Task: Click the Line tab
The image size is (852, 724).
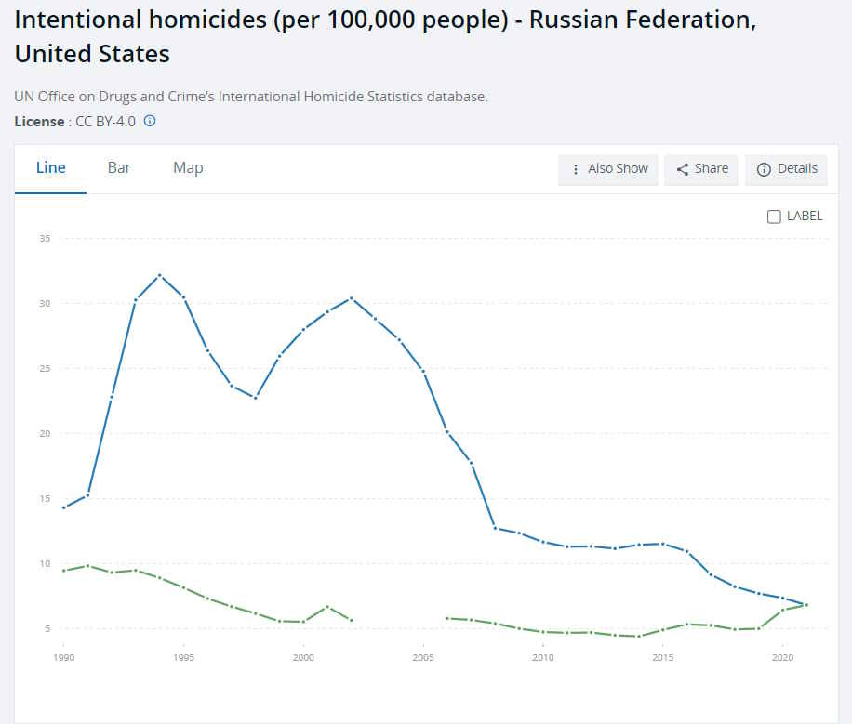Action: pyautogui.click(x=50, y=168)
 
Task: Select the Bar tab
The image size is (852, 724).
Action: pyautogui.click(x=119, y=168)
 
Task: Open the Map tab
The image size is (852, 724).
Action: pyautogui.click(x=188, y=168)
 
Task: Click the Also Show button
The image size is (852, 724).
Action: pyautogui.click(x=608, y=169)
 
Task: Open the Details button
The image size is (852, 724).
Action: pyautogui.click(x=787, y=169)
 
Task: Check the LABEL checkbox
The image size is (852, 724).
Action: pyautogui.click(x=774, y=217)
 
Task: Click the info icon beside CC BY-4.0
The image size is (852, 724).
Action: pyautogui.click(x=150, y=121)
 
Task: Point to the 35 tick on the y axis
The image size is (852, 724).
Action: pyautogui.click(x=44, y=239)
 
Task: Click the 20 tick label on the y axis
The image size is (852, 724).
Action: pyautogui.click(x=44, y=434)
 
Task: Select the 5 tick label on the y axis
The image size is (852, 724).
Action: pyautogui.click(x=47, y=629)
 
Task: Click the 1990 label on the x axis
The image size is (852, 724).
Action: pyautogui.click(x=63, y=656)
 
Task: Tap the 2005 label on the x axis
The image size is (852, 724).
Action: pyautogui.click(x=423, y=656)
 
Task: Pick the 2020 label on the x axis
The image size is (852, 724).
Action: pyautogui.click(x=782, y=656)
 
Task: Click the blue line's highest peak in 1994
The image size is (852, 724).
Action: pyautogui.click(x=160, y=275)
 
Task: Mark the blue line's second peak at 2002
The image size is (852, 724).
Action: pyautogui.click(x=352, y=298)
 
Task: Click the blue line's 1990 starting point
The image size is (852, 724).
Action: pyautogui.click(x=63, y=507)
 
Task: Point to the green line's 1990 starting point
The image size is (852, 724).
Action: pyautogui.click(x=63, y=571)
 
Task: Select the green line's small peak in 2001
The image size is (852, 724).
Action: pyautogui.click(x=327, y=607)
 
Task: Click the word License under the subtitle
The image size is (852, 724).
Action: pyautogui.click(x=39, y=122)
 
